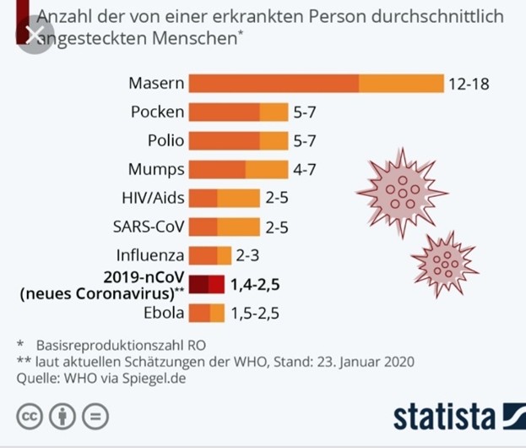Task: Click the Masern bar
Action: click(316, 84)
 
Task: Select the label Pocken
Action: click(157, 112)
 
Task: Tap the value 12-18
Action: click(469, 85)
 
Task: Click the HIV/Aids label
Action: click(153, 198)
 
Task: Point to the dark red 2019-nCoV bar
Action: click(206, 284)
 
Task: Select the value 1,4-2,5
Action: click(256, 284)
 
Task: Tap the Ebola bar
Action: click(206, 313)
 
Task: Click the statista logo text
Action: click(442, 417)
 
